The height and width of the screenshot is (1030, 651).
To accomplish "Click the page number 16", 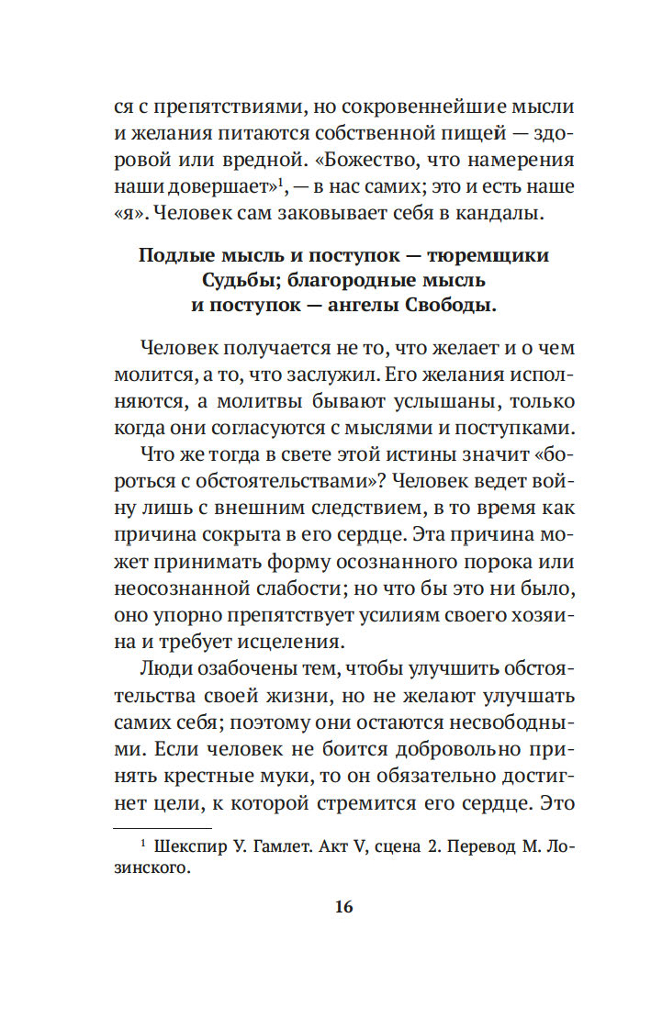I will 343,907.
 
